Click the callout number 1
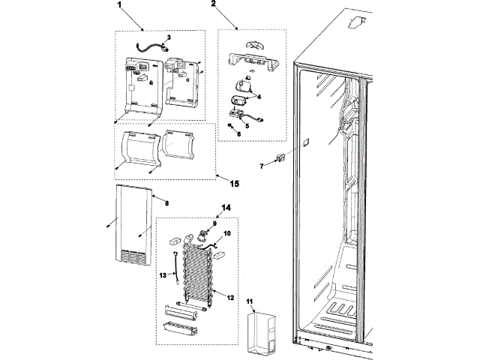point(119,4)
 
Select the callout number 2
point(213,4)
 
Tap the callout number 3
point(169,37)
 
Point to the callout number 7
point(262,166)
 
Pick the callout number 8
point(166,203)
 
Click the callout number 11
point(250,301)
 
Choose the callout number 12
point(230,298)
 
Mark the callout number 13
point(163,275)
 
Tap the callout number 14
point(226,208)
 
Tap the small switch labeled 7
point(280,157)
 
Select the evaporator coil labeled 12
point(198,274)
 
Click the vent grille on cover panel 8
point(133,256)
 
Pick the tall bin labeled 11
point(262,334)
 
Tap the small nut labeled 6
point(229,125)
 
